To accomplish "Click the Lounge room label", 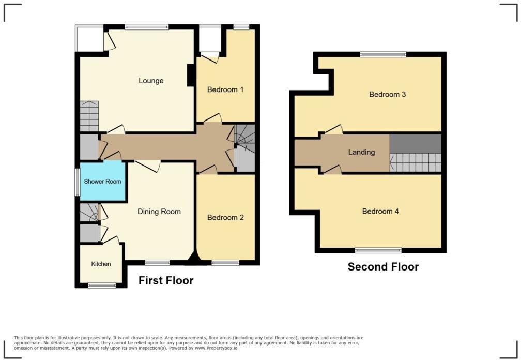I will click(x=151, y=81).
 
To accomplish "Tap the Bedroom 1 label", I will click(x=225, y=89).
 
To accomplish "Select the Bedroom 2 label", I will click(x=225, y=218).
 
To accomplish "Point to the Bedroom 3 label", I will click(x=387, y=94).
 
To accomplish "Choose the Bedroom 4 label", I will click(x=380, y=212).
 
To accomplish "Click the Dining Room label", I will click(x=159, y=212).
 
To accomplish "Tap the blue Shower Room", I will click(x=102, y=182).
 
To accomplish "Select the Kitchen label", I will click(x=101, y=264).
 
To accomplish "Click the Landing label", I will click(x=361, y=152).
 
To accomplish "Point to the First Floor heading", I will click(x=166, y=281).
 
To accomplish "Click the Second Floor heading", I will click(x=383, y=267).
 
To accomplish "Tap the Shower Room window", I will click(x=77, y=182).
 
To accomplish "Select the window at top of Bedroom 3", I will click(x=383, y=54).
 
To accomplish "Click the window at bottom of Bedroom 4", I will click(x=378, y=250).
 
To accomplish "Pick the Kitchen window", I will click(x=101, y=285).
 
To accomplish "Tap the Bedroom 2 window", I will click(x=225, y=263).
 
